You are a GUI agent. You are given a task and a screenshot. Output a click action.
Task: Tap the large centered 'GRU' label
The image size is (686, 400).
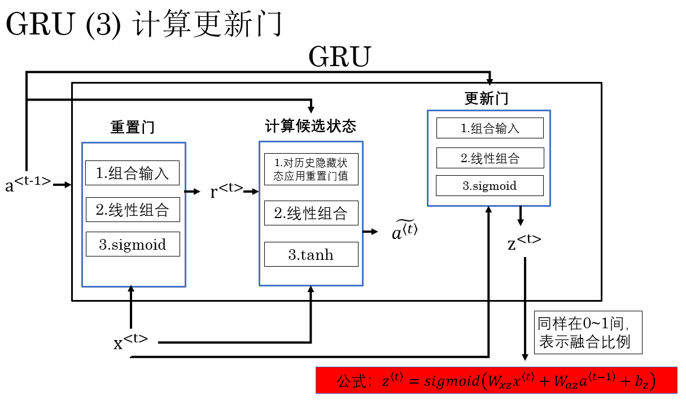[x=339, y=57]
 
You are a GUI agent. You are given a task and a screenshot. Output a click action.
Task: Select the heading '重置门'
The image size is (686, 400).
[x=133, y=127]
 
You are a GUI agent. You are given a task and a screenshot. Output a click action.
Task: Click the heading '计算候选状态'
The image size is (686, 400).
[x=311, y=125]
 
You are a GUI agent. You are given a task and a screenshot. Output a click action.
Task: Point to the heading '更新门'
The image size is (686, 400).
[x=486, y=98]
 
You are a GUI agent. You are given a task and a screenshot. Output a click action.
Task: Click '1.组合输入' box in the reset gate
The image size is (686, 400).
[x=132, y=173]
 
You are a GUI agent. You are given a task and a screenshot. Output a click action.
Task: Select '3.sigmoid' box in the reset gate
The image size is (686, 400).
[x=133, y=244]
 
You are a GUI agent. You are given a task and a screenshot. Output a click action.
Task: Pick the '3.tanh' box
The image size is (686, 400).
[x=311, y=254]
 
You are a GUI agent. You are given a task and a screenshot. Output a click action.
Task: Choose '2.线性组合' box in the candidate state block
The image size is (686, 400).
[x=311, y=213]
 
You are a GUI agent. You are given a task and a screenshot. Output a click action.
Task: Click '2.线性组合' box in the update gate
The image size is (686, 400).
[x=490, y=158]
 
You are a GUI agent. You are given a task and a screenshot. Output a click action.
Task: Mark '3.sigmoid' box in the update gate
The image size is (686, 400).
[x=490, y=185]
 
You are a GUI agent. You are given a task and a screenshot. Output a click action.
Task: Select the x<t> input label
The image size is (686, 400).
[x=130, y=341]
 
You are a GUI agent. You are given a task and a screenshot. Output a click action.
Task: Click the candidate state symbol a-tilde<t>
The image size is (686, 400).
[x=404, y=231]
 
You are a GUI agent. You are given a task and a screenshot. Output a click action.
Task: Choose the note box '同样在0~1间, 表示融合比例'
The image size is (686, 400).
[x=588, y=332]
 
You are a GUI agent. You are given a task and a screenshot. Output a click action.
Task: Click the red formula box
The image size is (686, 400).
[x=496, y=380]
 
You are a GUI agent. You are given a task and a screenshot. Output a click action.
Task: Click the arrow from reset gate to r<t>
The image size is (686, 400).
[x=193, y=192]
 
